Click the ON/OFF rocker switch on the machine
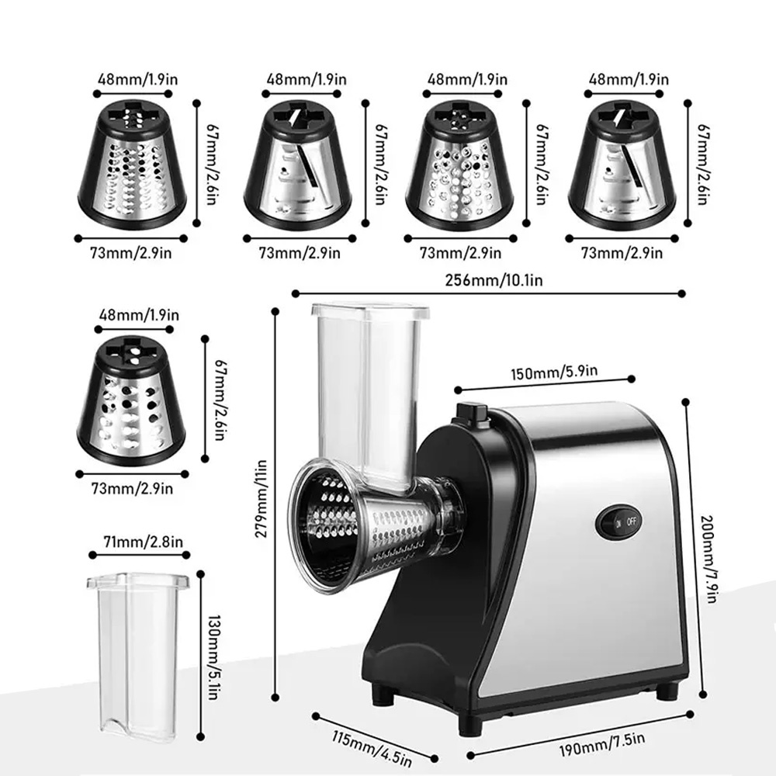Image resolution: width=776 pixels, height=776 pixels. click(618, 522)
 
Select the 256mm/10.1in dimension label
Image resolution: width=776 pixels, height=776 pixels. click(494, 280)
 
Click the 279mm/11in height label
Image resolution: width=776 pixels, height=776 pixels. click(262, 498)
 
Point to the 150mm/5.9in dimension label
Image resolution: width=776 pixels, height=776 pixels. click(554, 372)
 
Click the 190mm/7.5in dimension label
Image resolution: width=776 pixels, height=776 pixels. click(602, 744)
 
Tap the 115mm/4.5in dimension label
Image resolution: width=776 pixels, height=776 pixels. click(372, 748)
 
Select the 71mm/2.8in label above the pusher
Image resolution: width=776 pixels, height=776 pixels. click(143, 542)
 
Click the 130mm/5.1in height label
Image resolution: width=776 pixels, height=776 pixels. click(213, 657)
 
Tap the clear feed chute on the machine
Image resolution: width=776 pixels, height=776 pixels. click(369, 396)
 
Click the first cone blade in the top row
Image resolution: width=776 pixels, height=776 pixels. click(132, 165)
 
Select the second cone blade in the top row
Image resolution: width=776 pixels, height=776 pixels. click(298, 165)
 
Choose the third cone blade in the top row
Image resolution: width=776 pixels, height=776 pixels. click(459, 165)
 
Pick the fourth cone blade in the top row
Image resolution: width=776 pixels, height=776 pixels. click(622, 165)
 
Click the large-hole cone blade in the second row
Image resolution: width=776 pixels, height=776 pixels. click(131, 400)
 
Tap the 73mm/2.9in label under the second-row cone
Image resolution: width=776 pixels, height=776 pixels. click(132, 489)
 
